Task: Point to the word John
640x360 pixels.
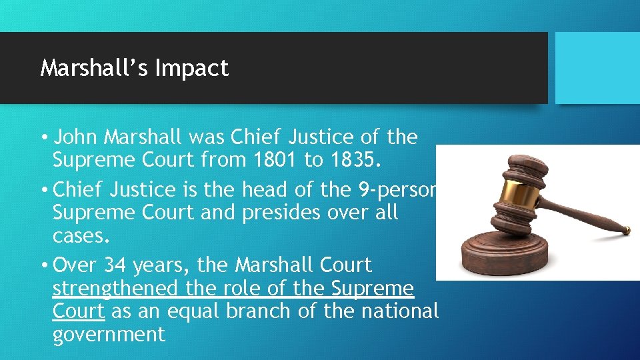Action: [74, 137]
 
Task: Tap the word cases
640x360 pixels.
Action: [79, 237]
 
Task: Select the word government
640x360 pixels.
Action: [109, 334]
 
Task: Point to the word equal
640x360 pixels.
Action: [189, 311]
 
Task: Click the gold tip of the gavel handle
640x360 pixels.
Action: [626, 231]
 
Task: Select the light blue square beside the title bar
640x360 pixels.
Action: [597, 67]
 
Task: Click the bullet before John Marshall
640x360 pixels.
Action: [43, 138]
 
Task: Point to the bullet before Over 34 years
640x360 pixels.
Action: [43, 266]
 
